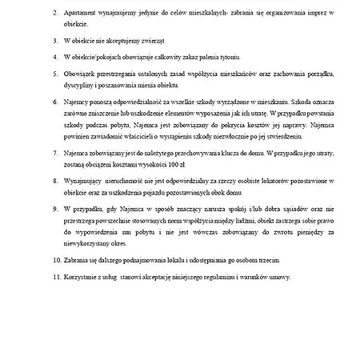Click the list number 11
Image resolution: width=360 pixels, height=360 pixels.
coord(54,276)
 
